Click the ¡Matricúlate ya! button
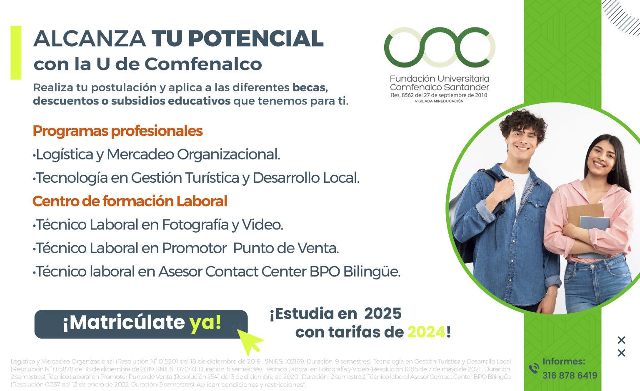141,324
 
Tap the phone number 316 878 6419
570,376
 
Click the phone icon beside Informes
533,369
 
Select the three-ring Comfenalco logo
440,47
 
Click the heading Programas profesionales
117,131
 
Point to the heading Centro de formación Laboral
130,201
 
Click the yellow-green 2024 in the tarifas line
426,332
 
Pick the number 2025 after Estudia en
382,314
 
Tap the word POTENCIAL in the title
255,39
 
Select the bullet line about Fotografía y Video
158,225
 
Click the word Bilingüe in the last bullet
372,272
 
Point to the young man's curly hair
523,121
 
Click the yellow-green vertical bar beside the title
16,52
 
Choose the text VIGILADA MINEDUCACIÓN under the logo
439,101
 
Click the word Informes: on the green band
564,361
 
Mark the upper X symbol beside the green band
621,340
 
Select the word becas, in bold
310,87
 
